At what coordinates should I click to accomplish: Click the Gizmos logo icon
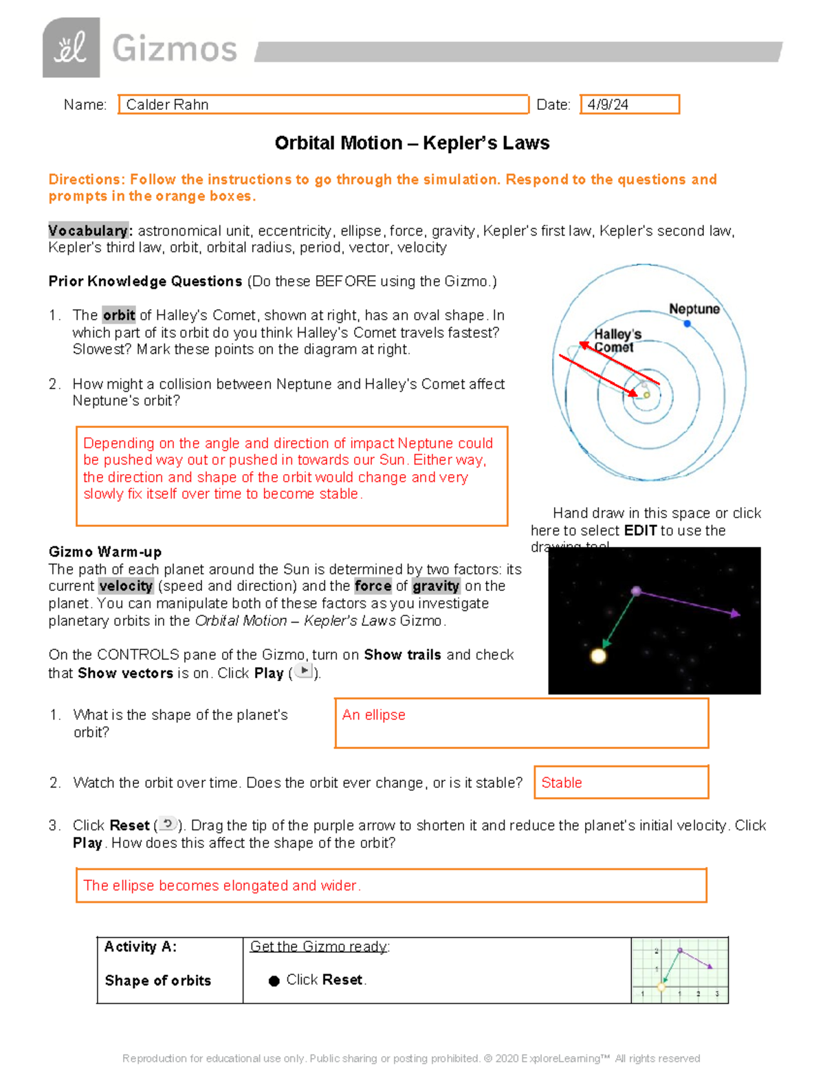coord(71,48)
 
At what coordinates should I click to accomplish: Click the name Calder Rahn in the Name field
coord(167,104)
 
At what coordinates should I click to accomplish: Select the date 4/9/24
coord(608,104)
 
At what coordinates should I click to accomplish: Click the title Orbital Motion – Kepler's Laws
coord(412,143)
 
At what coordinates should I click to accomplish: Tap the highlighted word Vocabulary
coord(89,231)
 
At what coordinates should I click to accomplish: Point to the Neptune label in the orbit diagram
coord(694,309)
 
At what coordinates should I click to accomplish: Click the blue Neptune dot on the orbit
coord(687,324)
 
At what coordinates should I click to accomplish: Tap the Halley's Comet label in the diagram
coord(617,340)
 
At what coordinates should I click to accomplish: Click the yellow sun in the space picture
coord(598,655)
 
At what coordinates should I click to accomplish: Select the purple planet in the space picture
coord(637,591)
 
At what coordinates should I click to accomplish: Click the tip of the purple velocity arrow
coord(738,614)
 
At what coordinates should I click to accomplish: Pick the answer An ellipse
coord(373,715)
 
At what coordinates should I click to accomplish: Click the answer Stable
coord(561,783)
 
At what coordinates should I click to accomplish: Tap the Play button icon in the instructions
coord(303,671)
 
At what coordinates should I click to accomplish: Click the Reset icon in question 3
coord(168,824)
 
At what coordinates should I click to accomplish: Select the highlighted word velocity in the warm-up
coord(126,586)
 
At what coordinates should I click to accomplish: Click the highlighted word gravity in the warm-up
coord(436,586)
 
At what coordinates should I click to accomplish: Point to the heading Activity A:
coord(140,947)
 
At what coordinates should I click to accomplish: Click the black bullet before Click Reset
coord(274,981)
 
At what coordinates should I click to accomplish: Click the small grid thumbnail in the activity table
coord(679,970)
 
